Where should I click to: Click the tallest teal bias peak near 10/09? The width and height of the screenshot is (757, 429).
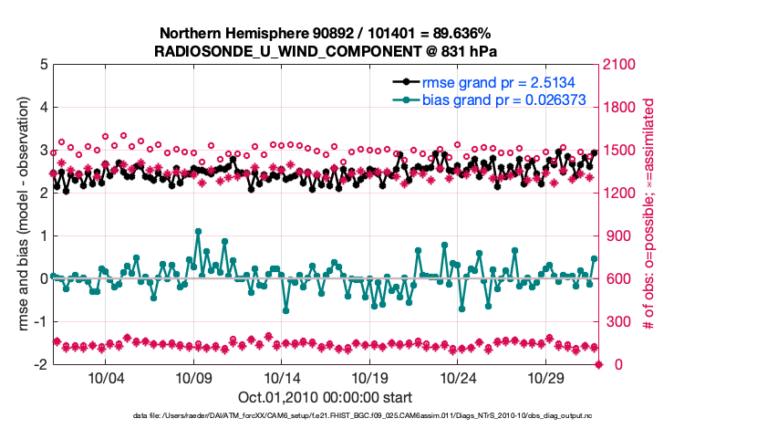tap(198, 232)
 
